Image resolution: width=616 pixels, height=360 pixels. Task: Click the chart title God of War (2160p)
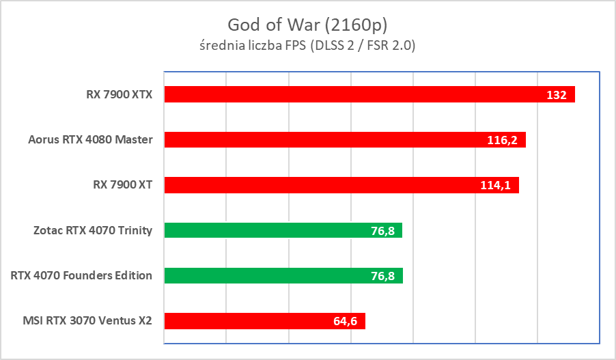(307, 25)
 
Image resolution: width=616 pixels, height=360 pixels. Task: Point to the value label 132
(557, 95)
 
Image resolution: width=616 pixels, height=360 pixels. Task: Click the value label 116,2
(504, 140)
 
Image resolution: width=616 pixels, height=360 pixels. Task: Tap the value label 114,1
(497, 185)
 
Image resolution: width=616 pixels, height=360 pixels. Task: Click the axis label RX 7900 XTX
(115, 94)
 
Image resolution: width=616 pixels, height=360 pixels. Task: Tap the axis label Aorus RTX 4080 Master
(90, 140)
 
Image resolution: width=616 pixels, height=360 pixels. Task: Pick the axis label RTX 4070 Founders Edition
(82, 276)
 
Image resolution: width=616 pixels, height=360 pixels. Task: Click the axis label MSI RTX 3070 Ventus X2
(87, 321)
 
